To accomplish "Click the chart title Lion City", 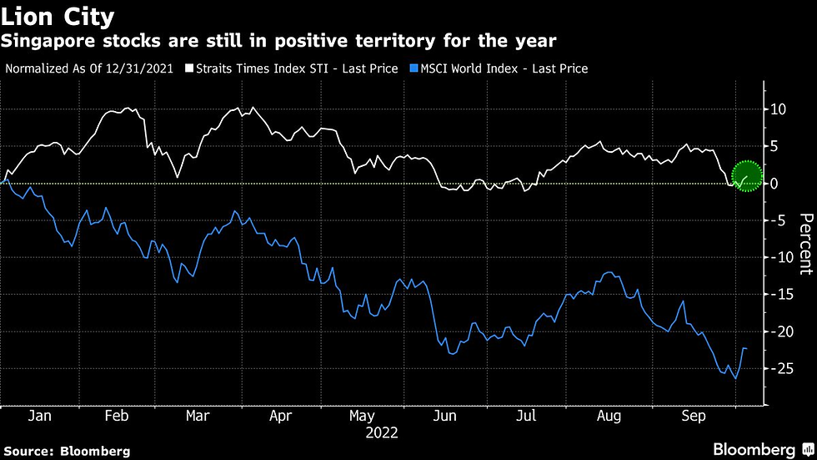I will [x=59, y=16].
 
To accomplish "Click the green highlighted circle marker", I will [x=748, y=175].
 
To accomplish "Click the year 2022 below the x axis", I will [x=381, y=433].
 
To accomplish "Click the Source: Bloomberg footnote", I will [x=67, y=451].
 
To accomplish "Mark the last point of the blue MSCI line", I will [x=745, y=348].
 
